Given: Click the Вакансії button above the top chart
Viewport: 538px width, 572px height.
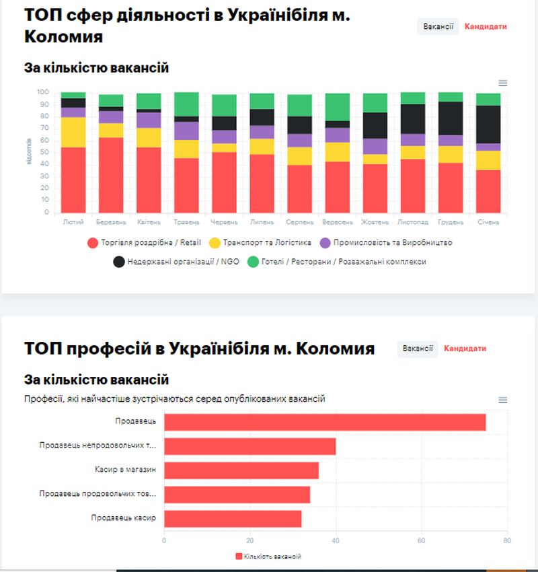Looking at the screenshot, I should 438,27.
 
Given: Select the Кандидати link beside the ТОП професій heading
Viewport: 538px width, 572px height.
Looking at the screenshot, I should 465,349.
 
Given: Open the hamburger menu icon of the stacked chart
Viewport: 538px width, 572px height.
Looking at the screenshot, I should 503,83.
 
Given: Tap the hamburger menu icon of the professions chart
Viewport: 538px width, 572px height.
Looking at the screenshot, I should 503,400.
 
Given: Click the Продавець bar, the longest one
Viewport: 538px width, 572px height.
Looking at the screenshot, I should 325,422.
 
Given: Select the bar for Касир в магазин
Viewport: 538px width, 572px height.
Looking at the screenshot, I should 241,470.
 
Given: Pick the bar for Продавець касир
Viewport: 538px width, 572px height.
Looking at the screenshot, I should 233,519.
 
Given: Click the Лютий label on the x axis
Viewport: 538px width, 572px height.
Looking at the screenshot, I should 73,221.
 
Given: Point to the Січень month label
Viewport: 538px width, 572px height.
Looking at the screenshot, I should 488,221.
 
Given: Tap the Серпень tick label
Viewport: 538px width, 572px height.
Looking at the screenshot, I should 299,221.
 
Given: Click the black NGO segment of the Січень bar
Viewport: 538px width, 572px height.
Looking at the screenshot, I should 488,124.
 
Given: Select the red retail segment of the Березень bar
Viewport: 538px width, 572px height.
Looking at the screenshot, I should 111,175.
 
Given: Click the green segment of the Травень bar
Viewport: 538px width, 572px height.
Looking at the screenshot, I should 186,104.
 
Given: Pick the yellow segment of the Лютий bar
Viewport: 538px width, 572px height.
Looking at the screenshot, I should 73,132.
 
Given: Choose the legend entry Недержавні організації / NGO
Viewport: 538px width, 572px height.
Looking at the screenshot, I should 174,261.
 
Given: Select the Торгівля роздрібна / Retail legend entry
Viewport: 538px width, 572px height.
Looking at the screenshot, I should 145,242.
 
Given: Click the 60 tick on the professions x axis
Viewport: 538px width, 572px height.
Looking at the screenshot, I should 422,540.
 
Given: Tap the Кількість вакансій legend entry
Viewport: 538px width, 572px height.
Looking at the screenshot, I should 268,557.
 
